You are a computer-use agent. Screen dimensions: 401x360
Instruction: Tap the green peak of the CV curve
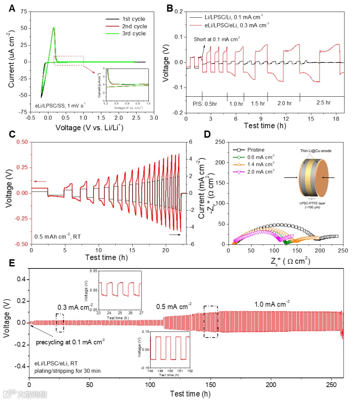54,28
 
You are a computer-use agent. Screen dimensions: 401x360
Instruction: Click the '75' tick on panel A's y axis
24,12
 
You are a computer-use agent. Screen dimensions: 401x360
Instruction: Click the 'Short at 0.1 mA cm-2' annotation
217,39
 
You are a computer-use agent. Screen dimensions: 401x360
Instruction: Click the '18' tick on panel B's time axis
336,118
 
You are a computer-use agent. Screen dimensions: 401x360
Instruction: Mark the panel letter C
12,134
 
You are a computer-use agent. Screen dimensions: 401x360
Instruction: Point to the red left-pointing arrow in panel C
40,181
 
